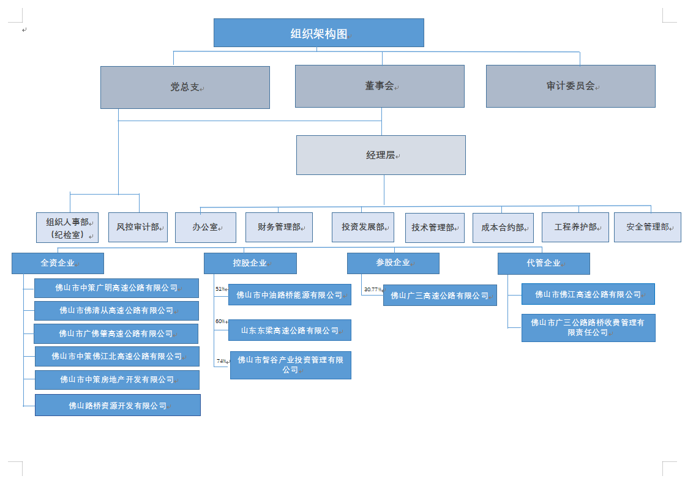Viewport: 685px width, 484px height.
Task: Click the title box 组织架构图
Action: click(x=318, y=33)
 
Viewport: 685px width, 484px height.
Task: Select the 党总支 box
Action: click(x=185, y=87)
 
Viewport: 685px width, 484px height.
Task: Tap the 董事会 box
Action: click(x=380, y=86)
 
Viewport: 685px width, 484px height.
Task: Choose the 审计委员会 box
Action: click(x=571, y=86)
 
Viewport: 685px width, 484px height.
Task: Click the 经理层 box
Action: click(x=381, y=155)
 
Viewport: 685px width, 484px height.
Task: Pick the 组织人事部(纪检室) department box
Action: click(x=67, y=228)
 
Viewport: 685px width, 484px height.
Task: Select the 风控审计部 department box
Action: click(x=138, y=227)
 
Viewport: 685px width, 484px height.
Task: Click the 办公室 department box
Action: click(x=206, y=227)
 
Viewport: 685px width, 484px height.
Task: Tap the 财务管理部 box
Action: click(x=279, y=227)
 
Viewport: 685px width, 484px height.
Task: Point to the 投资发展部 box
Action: click(x=363, y=227)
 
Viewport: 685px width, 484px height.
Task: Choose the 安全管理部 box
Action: click(x=648, y=227)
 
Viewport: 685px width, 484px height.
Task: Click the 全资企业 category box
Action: click(x=58, y=263)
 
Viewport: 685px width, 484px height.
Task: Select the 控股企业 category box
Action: click(x=250, y=263)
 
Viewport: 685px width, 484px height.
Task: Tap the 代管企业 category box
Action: click(x=544, y=263)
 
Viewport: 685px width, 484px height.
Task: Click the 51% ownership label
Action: click(x=220, y=289)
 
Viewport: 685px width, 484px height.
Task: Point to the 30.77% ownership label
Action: click(x=372, y=289)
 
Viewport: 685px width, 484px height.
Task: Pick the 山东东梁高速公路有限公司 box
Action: click(x=290, y=330)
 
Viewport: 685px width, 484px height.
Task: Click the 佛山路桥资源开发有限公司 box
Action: click(x=118, y=405)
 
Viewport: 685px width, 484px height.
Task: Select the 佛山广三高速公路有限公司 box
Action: click(x=440, y=296)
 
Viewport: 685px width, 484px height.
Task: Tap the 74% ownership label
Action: click(x=221, y=361)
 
